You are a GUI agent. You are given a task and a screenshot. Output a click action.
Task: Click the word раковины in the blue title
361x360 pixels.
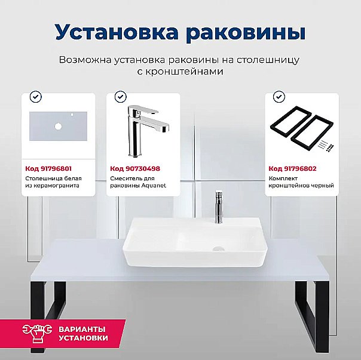click(x=250, y=32)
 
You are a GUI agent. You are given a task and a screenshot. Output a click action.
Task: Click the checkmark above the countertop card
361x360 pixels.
click(x=35, y=96)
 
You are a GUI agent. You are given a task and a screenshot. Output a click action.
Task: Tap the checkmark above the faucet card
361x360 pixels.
click(x=120, y=96)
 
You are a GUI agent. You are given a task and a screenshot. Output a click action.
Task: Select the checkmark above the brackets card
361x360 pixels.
click(x=279, y=96)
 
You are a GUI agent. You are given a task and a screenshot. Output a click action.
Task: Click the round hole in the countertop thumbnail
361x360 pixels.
click(x=59, y=127)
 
